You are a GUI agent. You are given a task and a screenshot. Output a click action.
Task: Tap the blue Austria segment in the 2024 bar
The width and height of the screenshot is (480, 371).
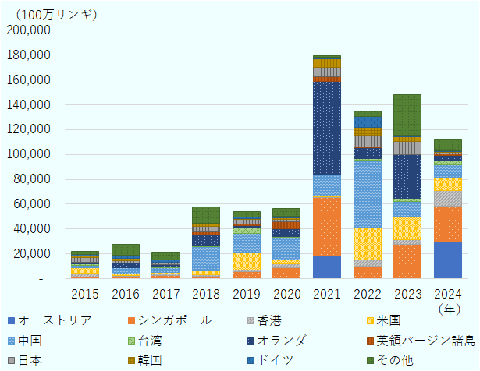coord(448,260)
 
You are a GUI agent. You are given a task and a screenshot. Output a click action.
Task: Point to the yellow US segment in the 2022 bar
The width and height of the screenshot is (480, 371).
coord(367,244)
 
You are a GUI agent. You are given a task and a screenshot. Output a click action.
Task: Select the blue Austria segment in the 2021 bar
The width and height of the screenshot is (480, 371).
coord(326,267)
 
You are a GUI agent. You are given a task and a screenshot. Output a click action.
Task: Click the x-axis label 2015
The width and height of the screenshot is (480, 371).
coord(84,294)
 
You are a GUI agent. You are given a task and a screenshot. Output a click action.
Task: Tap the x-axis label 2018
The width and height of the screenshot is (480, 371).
coord(206,294)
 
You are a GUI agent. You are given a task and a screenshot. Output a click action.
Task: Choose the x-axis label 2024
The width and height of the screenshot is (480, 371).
coord(448,294)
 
